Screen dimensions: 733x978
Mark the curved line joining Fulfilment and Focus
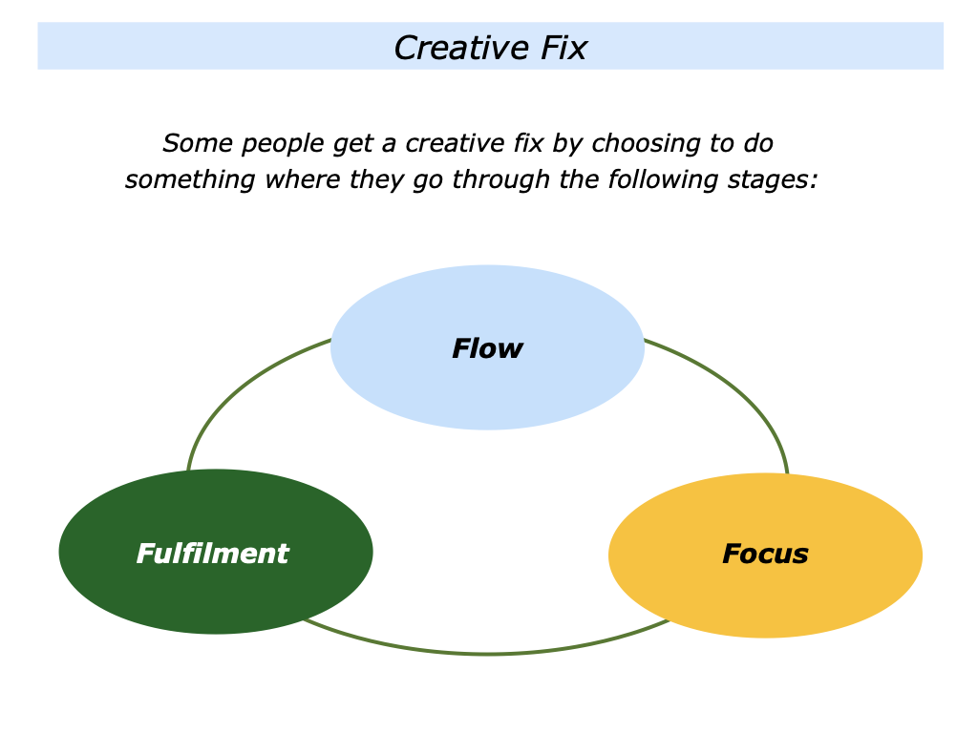(487, 654)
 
